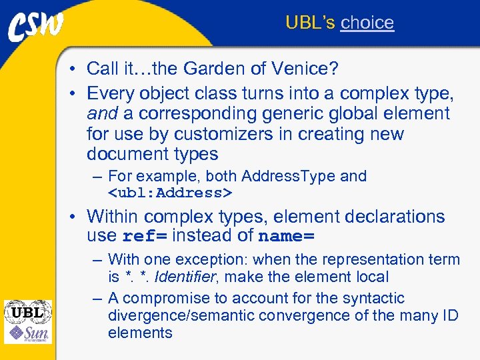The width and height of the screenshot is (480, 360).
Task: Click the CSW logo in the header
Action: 36,27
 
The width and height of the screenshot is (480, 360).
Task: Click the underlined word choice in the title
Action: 367,23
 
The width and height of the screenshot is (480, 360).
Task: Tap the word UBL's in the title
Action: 310,23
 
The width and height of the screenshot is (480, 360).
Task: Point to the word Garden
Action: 216,68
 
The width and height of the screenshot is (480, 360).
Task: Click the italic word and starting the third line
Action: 102,113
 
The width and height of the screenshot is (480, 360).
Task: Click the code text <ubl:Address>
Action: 170,193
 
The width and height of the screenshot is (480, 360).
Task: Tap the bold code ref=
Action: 146,236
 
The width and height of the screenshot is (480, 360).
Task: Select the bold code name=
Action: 286,236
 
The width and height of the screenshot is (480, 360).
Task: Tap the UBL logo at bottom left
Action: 27,311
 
